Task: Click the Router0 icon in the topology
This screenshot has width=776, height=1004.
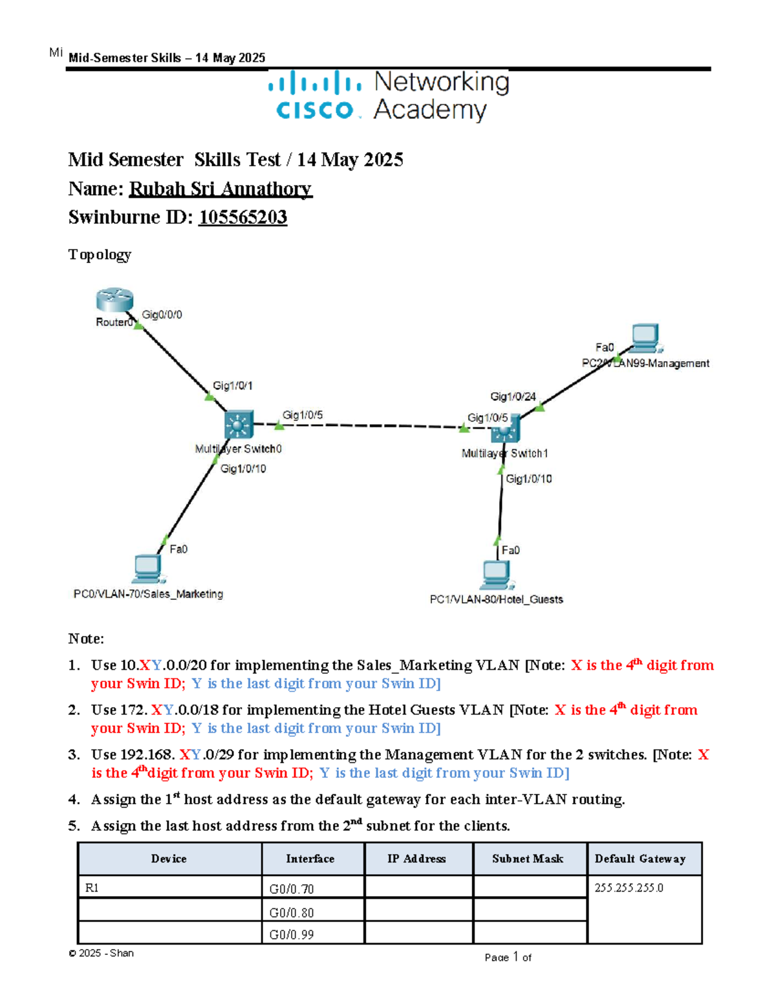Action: pos(114,301)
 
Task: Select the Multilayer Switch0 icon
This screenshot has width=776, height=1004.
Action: pos(238,425)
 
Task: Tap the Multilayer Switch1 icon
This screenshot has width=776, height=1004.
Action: pos(506,428)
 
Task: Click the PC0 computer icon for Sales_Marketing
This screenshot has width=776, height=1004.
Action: pos(148,569)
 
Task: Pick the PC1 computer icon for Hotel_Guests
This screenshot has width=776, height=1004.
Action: pos(496,575)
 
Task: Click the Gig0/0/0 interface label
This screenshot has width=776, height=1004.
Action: pos(162,315)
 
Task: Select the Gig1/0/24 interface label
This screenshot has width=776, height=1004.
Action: pos(513,396)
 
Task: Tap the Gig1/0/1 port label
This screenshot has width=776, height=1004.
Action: pos(233,386)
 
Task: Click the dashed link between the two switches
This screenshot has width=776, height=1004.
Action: pos(369,425)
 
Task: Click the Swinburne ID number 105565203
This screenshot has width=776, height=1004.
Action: pos(242,217)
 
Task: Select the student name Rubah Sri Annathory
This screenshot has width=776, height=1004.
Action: pos(221,189)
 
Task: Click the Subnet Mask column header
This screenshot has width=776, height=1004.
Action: pos(528,859)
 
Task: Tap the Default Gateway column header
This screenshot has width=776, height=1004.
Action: pos(640,859)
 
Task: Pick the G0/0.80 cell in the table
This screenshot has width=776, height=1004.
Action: pos(292,912)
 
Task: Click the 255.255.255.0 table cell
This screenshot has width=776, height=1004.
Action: pos(629,888)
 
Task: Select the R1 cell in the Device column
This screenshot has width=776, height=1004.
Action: pos(92,888)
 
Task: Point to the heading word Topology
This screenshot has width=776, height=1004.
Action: pos(100,255)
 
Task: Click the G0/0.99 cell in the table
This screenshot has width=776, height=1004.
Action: pos(292,934)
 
